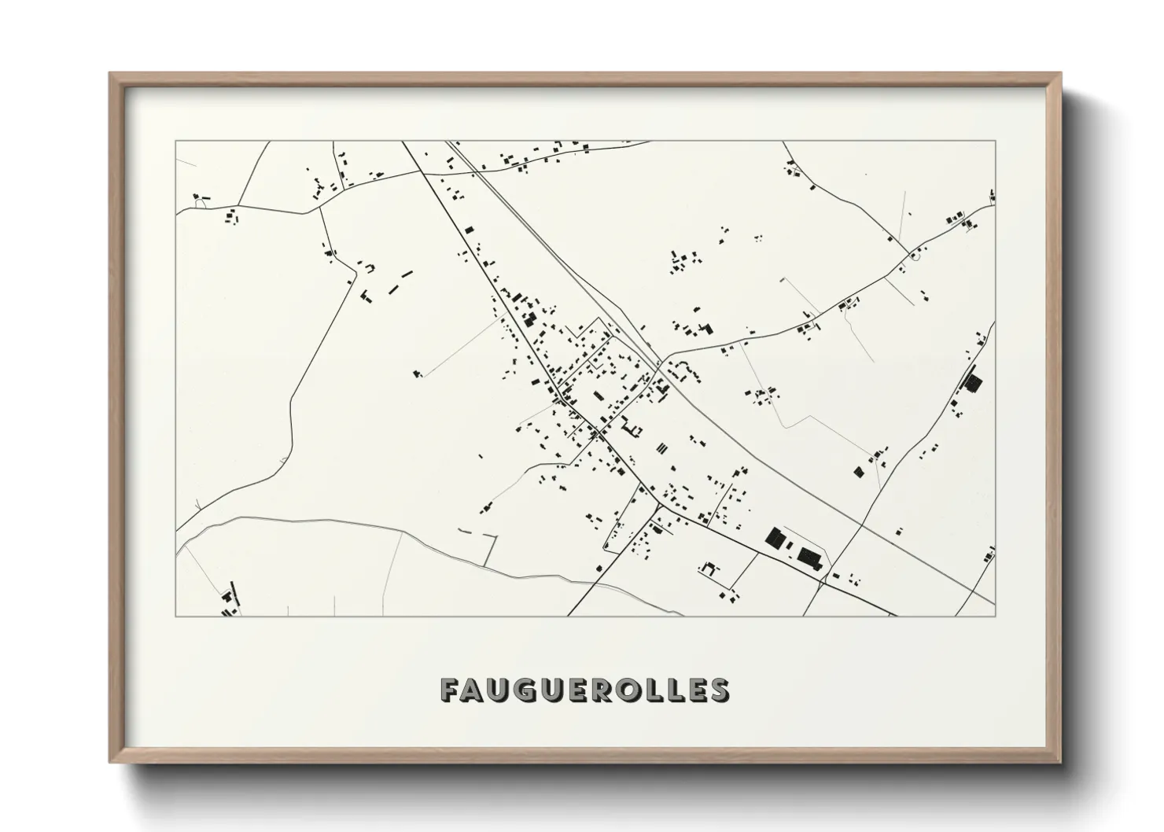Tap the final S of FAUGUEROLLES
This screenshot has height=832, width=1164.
pyautogui.click(x=717, y=690)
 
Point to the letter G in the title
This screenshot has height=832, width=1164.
pyautogui.click(x=526, y=690)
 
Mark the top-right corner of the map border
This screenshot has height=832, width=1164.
pyautogui.click(x=995, y=142)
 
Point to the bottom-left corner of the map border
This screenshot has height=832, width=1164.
pyautogui.click(x=176, y=616)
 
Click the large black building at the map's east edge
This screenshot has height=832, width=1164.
pyautogui.click(x=973, y=384)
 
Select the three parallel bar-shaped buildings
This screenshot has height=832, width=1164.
pyautogui.click(x=661, y=449)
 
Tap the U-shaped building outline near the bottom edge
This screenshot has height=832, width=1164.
pyautogui.click(x=709, y=567)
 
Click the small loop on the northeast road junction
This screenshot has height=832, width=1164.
pyautogui.click(x=914, y=255)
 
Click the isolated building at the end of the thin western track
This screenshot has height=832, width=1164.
pyautogui.click(x=418, y=374)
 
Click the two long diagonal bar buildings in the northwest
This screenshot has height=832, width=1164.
pyautogui.click(x=399, y=282)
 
